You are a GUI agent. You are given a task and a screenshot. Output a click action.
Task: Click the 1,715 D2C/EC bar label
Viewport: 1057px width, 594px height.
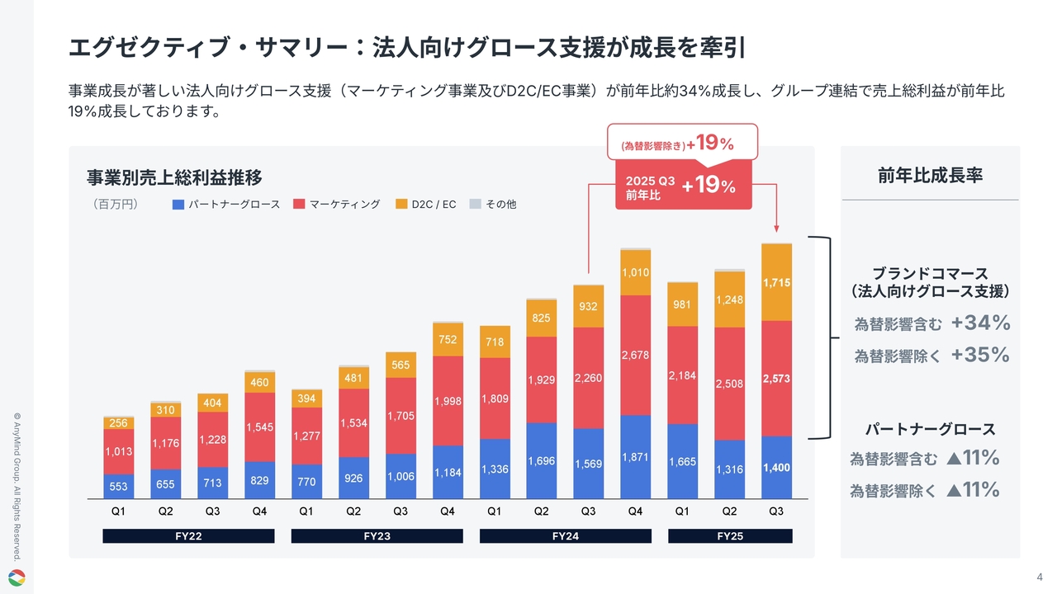pos(776,282)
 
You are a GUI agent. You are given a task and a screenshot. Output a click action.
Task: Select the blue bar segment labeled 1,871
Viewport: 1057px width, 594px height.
pos(635,456)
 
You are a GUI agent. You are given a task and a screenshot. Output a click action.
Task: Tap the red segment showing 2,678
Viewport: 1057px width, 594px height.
pos(635,355)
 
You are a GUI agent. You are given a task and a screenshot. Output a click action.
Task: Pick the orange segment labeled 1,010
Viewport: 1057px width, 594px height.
pos(635,272)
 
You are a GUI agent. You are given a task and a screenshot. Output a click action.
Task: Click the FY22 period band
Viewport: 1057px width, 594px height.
pos(188,536)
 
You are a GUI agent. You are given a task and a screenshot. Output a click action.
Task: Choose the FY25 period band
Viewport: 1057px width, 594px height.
pos(730,536)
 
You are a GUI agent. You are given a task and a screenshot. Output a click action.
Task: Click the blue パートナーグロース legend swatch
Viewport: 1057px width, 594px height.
pos(178,204)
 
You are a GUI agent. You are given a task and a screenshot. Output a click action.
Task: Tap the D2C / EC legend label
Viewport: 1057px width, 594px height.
pos(434,204)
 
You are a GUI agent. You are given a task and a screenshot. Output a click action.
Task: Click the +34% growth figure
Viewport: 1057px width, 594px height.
pos(980,323)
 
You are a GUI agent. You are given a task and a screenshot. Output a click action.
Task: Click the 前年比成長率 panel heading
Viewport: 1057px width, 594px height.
pos(930,175)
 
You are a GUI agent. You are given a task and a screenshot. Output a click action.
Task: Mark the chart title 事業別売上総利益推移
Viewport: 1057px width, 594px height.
pos(174,177)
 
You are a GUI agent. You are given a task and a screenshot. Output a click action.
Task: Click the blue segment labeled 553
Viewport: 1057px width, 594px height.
pos(118,487)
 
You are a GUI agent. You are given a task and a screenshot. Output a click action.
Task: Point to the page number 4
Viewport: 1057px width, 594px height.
pos(1039,576)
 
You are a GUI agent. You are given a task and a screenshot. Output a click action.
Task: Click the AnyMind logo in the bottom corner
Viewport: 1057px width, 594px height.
pos(17,577)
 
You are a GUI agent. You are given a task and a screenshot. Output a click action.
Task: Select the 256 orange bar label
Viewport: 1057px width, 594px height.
pos(118,423)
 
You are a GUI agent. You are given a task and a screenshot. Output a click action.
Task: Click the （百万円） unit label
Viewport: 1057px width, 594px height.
pos(115,204)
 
